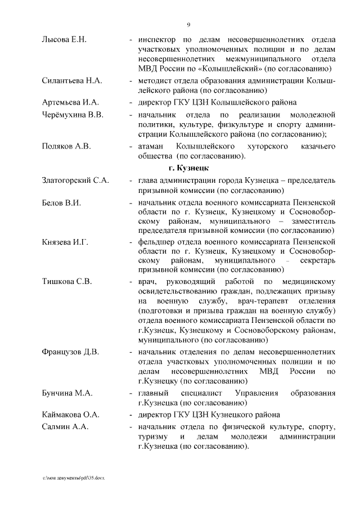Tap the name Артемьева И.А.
[x=70, y=102]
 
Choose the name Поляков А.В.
[x=66, y=146]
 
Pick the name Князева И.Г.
[x=65, y=242]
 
